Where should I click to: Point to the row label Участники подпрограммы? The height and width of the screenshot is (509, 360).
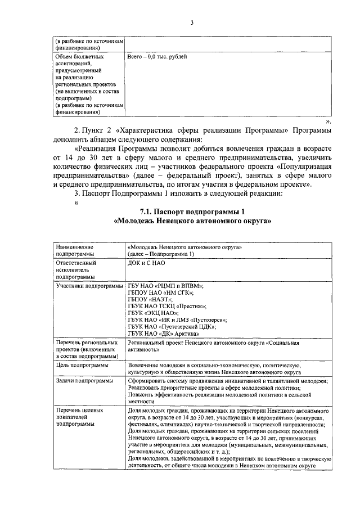click(x=89, y=286)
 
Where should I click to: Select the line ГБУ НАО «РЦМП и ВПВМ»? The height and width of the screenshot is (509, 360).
click(x=165, y=286)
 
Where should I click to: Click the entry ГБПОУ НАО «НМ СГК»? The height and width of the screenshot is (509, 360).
click(x=160, y=293)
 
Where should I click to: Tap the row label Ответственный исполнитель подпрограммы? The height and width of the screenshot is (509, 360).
click(x=76, y=269)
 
